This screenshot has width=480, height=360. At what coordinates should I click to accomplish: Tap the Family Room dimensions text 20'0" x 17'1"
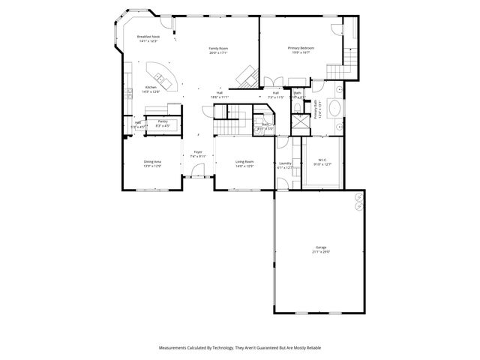tap(218, 52)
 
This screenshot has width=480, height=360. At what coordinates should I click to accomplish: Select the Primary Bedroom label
tap(301, 47)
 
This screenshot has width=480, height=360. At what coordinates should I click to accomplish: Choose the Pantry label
tap(163, 121)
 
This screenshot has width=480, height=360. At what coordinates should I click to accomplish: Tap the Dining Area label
tap(153, 161)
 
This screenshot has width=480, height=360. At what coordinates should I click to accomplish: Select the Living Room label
tap(244, 161)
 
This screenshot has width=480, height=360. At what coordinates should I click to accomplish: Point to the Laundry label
tap(285, 163)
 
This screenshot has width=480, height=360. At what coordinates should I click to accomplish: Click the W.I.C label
tap(322, 159)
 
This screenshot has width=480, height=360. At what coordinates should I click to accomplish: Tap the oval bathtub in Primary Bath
tap(335, 110)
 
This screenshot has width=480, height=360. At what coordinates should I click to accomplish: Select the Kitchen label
tap(150, 88)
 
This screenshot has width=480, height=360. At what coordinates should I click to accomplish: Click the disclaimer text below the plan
tap(240, 348)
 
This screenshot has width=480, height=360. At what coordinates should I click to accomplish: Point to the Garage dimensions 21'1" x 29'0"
tap(321, 252)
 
